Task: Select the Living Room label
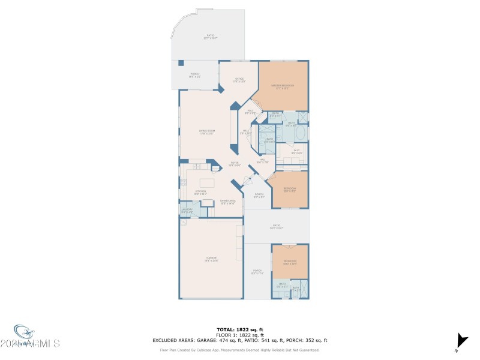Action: pos(207,131)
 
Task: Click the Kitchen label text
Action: pos(200,193)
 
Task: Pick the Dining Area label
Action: pos(227,202)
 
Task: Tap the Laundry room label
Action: pos(187,210)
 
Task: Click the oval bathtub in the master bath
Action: pos(302,133)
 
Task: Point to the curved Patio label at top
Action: pos(211,37)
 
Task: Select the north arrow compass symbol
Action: pos(460,339)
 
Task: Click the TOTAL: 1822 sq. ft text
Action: pos(240,329)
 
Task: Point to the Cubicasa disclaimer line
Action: pos(240,350)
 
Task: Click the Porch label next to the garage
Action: pos(258,272)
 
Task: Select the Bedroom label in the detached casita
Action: pos(290,262)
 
